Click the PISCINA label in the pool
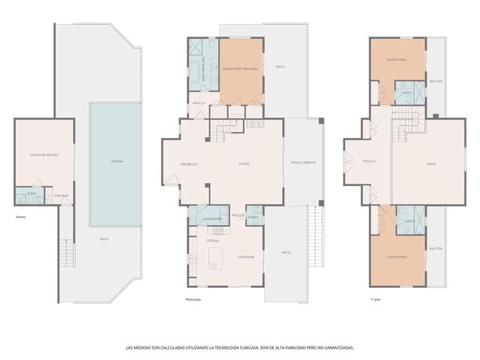click(116, 161)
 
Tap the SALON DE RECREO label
click(44, 154)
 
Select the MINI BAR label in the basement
click(61, 196)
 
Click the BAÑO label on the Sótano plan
click(31, 193)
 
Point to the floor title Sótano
click(19, 218)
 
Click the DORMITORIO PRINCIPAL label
click(241, 69)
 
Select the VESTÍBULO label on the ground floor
click(187, 163)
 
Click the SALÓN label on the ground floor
click(244, 163)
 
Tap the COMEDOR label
click(246, 256)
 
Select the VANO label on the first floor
click(431, 163)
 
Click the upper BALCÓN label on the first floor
click(436, 81)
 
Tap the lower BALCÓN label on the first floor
click(436, 247)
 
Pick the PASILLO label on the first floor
click(369, 161)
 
